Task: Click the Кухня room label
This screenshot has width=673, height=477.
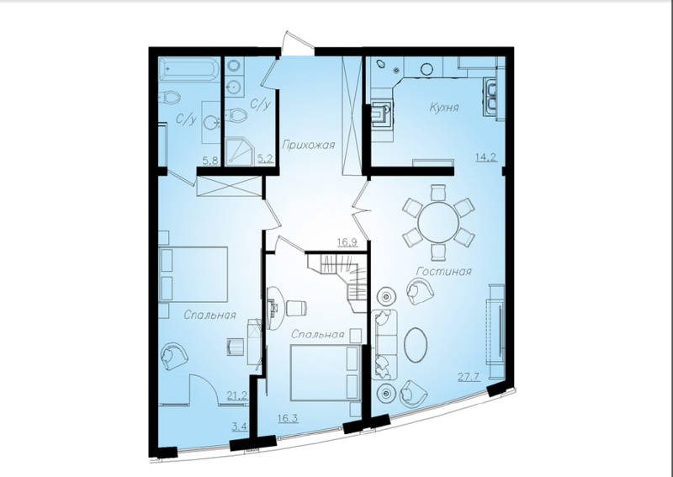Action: [444, 108]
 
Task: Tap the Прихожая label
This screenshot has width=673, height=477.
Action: [308, 145]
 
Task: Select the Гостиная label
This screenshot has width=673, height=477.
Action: [444, 272]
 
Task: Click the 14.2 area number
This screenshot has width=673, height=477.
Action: [486, 157]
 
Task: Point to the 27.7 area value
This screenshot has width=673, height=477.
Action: [469, 378]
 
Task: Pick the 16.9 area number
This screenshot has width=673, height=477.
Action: [347, 242]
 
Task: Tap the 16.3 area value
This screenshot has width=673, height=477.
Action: [288, 418]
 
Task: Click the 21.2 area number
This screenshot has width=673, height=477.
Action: [237, 395]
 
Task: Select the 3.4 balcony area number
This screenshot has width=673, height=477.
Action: [240, 427]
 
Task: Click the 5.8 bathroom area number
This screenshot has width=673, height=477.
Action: [210, 161]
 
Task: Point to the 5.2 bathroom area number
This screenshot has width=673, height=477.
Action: [265, 159]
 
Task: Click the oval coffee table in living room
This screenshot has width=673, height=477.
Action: [416, 345]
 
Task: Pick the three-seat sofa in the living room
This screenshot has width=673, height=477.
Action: [384, 344]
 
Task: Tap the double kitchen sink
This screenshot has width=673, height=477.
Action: [490, 97]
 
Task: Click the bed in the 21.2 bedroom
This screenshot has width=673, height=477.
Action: [193, 274]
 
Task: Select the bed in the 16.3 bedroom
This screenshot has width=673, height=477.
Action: [326, 373]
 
